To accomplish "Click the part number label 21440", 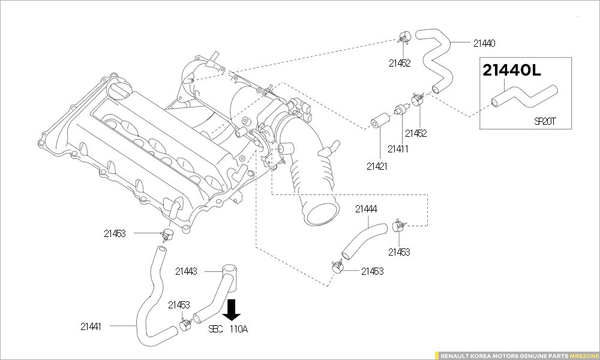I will [x=484, y=43].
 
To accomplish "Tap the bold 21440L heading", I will [x=512, y=71].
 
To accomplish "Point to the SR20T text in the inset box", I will [x=545, y=121].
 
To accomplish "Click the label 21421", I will [x=377, y=166].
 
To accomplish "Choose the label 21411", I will [x=398, y=149].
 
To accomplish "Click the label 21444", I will [x=366, y=209].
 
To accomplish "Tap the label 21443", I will [x=186, y=271].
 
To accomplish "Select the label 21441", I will [x=91, y=327].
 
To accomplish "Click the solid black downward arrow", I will [x=232, y=310].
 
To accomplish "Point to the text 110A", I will [x=239, y=329].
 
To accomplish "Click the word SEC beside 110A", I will [x=215, y=329].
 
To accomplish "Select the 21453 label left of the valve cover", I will [x=114, y=233].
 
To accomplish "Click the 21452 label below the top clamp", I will [x=399, y=63].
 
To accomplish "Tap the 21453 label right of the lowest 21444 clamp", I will [x=372, y=271].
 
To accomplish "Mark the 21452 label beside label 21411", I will [x=416, y=133].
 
